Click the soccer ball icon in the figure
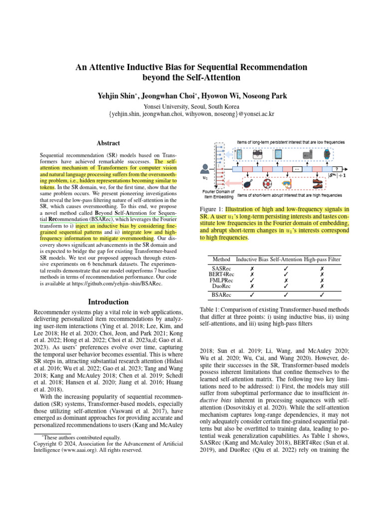pyautogui.click(x=273, y=183)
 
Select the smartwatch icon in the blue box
pyautogui.click(x=327, y=155)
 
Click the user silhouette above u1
pyautogui.click(x=204, y=169)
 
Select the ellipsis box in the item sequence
pyautogui.click(x=297, y=169)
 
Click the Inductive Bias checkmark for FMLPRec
pyautogui.click(x=253, y=281)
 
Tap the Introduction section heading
pyautogui.click(x=109, y=302)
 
